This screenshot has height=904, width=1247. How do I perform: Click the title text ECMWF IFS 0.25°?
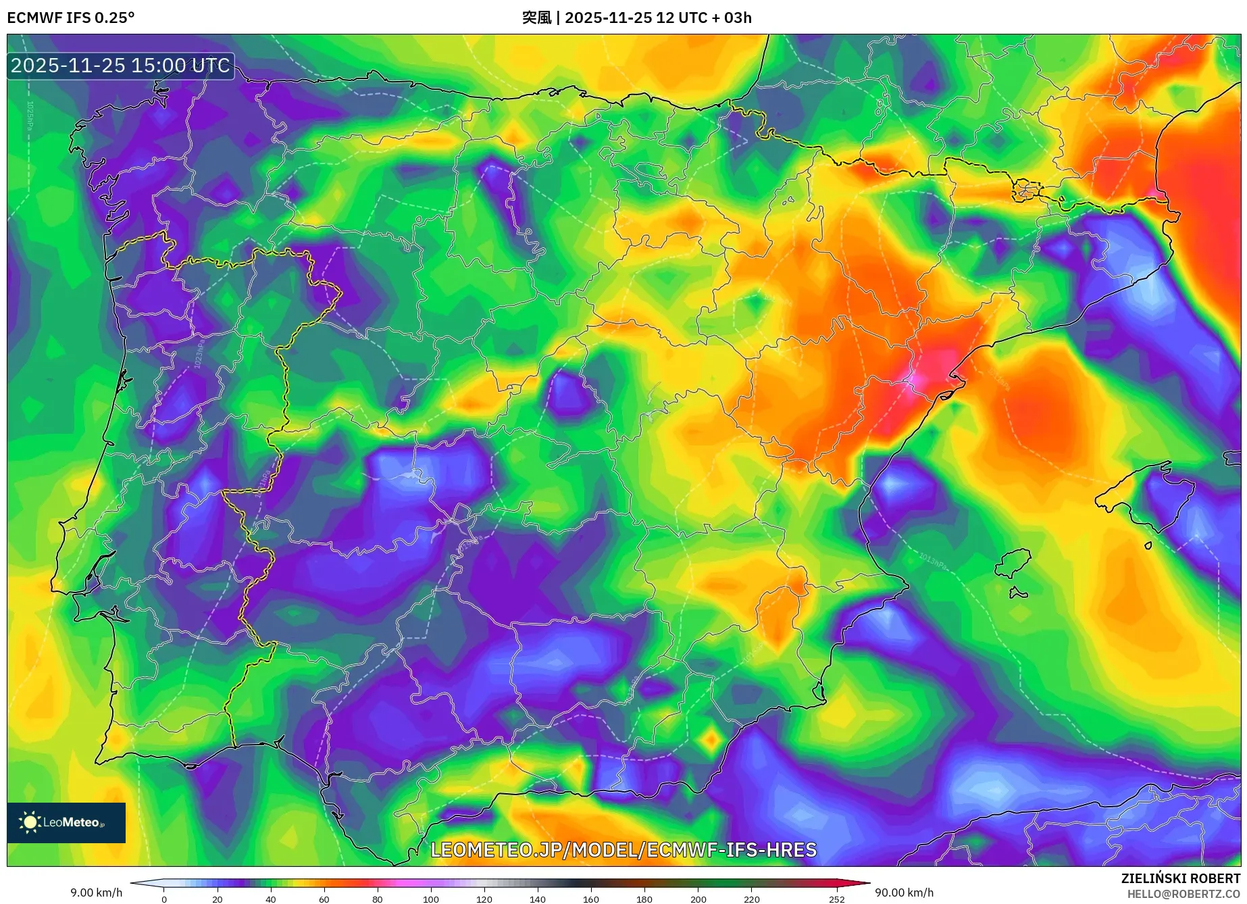click(71, 18)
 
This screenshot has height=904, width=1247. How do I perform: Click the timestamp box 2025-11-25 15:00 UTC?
click(120, 66)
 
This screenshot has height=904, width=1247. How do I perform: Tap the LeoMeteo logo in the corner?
click(66, 822)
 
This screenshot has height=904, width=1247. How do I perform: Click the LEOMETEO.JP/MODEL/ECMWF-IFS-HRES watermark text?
click(623, 849)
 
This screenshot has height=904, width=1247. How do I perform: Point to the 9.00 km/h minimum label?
click(97, 893)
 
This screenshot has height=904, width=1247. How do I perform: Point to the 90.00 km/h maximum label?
click(904, 893)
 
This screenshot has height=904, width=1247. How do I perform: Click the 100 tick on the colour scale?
click(430, 899)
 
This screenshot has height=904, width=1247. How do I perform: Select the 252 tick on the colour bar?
click(836, 899)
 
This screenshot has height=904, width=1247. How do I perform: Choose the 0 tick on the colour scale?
click(163, 899)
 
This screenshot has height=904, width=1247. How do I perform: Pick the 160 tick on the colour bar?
click(590, 899)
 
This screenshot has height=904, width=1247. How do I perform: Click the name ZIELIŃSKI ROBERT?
click(1180, 878)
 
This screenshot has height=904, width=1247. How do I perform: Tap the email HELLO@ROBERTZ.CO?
click(1183, 894)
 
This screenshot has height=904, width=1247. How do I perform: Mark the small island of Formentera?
click(1017, 593)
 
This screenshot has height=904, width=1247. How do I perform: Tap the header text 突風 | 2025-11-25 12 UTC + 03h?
click(636, 18)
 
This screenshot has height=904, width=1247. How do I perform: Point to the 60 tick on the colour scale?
click(324, 899)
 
